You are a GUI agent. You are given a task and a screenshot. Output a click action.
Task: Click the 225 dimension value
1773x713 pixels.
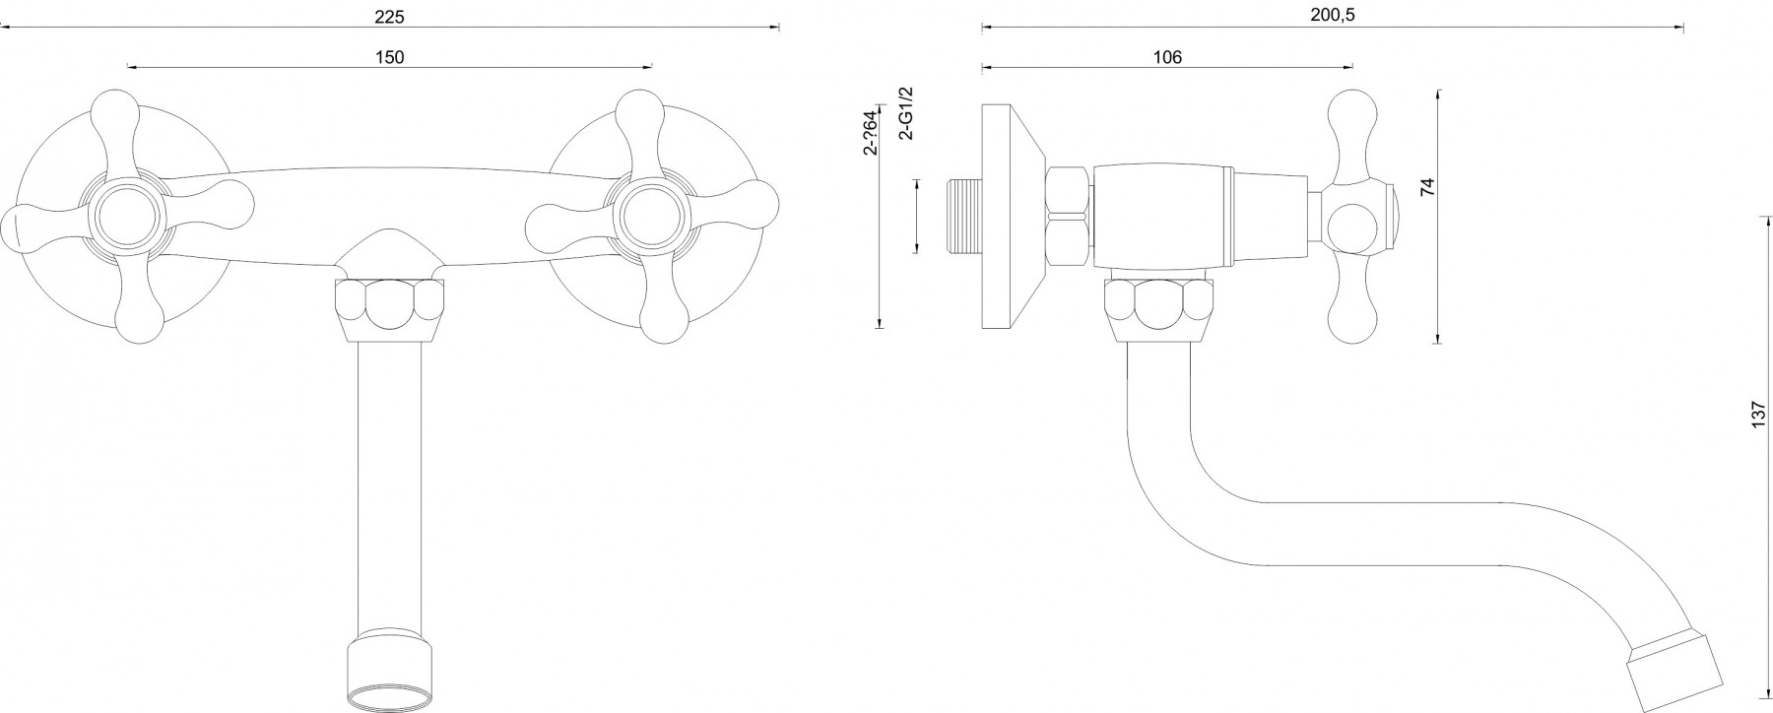(390, 17)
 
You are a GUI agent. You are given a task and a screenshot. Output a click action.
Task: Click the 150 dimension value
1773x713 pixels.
(390, 57)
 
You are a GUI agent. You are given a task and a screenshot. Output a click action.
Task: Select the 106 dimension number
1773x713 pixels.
(1167, 57)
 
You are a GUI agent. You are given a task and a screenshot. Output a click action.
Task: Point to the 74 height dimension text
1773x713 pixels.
(1428, 186)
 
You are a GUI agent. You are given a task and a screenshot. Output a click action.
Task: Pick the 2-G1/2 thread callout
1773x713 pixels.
(907, 112)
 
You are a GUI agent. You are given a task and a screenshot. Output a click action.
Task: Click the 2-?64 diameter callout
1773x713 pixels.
(870, 130)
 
